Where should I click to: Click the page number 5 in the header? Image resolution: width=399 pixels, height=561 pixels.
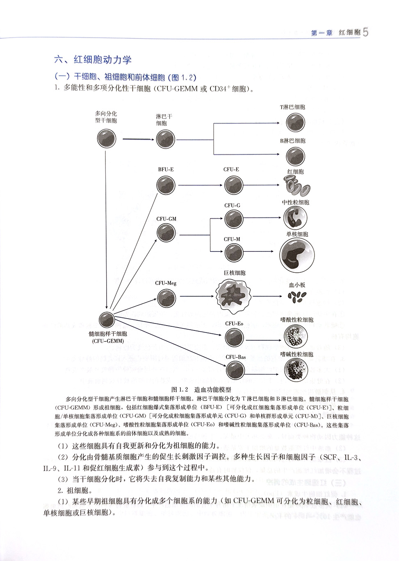(366, 32)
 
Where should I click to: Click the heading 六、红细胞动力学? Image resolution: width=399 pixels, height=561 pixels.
(93, 59)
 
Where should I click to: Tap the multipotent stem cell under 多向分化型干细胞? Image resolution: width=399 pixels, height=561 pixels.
(106, 140)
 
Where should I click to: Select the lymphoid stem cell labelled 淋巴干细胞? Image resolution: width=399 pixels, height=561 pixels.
(165, 139)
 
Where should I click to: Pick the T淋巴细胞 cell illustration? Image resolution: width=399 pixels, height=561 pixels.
(295, 123)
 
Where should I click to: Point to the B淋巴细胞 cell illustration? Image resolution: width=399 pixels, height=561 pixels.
(295, 156)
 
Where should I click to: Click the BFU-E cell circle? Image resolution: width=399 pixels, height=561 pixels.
(166, 185)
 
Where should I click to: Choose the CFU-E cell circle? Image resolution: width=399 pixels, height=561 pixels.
(233, 185)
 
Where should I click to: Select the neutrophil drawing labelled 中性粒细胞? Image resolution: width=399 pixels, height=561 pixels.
(295, 217)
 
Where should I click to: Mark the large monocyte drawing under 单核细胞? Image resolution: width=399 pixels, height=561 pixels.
(297, 255)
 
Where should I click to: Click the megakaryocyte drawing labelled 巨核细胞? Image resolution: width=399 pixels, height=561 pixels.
(234, 296)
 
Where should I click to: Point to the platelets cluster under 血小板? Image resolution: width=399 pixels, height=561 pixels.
(297, 297)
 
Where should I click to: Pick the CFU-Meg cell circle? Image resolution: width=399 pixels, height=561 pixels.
(166, 298)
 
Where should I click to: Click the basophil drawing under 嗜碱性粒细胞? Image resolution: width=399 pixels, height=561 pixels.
(296, 370)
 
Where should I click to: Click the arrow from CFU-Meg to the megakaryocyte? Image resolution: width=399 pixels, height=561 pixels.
(196, 296)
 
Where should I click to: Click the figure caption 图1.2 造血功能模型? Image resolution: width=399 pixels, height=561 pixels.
(201, 389)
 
